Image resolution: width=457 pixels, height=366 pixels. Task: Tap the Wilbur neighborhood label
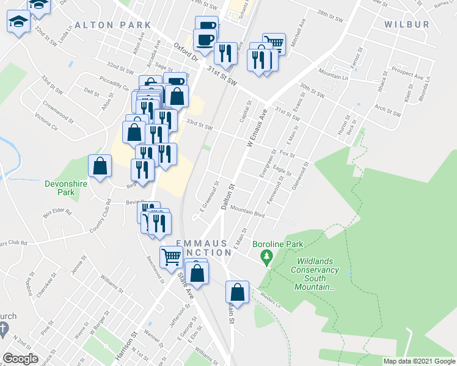[408, 24]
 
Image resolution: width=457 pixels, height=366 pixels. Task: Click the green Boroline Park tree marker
[266, 259]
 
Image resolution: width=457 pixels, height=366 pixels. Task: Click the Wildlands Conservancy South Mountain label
[315, 278]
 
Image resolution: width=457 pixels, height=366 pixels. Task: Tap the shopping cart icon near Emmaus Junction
[170, 257]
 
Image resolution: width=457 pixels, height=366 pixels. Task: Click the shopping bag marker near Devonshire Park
[100, 165]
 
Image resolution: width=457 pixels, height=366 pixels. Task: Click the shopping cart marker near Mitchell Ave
[274, 43]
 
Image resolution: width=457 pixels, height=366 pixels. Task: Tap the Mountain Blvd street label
[247, 211]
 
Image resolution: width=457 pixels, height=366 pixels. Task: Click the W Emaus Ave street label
[257, 127]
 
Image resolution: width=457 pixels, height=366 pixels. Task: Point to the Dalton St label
[228, 198]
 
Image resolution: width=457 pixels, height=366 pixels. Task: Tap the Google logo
[20, 359]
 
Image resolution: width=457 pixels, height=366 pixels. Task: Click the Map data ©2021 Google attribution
[419, 361]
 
